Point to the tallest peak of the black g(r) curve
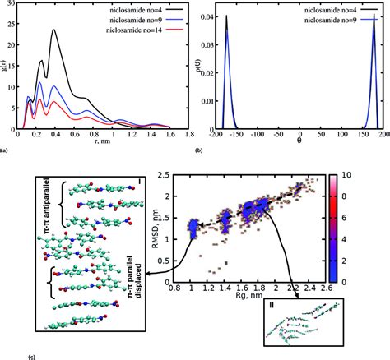[54, 30]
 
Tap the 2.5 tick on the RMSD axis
[174, 174]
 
